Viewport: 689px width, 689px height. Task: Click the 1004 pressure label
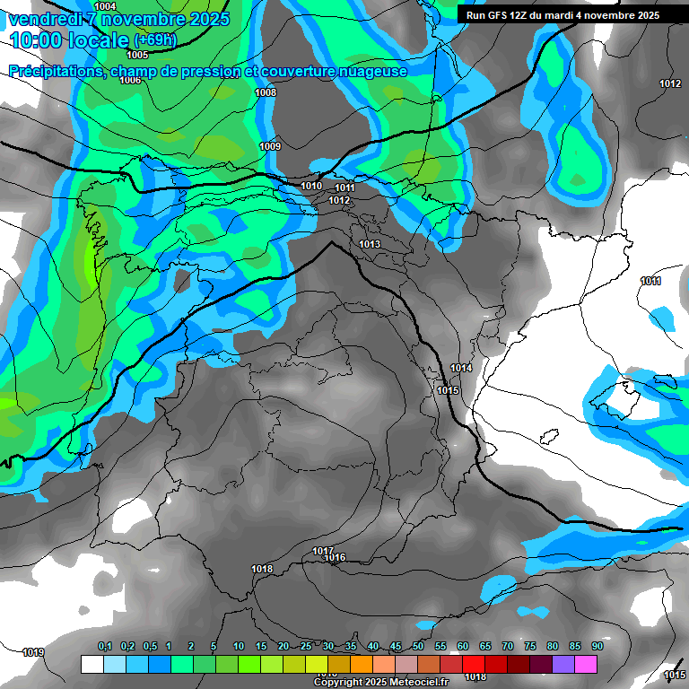pyautogui.click(x=105, y=6)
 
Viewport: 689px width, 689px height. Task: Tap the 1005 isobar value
pyautogui.click(x=137, y=55)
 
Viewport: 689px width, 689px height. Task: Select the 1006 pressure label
pyautogui.click(x=130, y=81)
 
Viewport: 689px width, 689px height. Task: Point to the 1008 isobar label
pyautogui.click(x=266, y=93)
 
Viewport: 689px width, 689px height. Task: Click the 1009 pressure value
pyautogui.click(x=270, y=146)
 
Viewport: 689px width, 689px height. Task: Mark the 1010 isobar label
pyautogui.click(x=311, y=186)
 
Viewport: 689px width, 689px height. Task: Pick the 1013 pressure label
pyautogui.click(x=370, y=244)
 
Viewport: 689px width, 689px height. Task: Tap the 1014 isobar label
pyautogui.click(x=461, y=369)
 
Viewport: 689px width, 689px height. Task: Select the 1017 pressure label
pyautogui.click(x=323, y=551)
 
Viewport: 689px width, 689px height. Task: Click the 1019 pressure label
pyautogui.click(x=33, y=652)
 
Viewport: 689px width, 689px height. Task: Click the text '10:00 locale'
pyautogui.click(x=69, y=40)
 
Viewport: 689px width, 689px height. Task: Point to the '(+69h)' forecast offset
pyautogui.click(x=155, y=40)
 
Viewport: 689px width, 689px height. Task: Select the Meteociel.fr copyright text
pyautogui.click(x=380, y=683)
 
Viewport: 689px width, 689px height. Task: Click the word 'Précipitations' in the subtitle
pyautogui.click(x=57, y=71)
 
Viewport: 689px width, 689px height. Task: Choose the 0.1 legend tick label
pyautogui.click(x=105, y=647)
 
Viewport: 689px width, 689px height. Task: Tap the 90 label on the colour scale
pyautogui.click(x=597, y=647)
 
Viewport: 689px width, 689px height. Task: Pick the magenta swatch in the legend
pyautogui.click(x=586, y=664)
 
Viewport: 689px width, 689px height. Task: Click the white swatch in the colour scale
pyautogui.click(x=92, y=664)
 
